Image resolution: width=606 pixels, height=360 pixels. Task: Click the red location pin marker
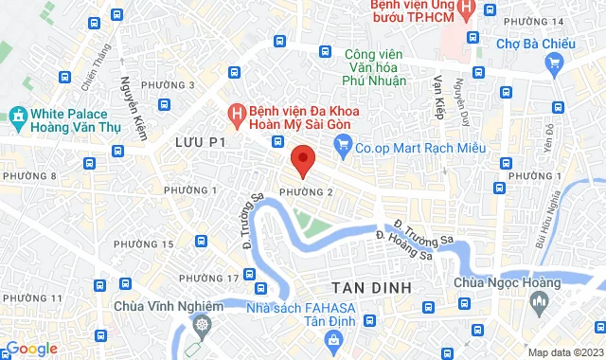[302, 161]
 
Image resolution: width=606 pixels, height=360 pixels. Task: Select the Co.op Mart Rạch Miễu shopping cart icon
[342, 148]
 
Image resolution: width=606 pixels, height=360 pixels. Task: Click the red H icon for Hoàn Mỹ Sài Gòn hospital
[238, 117]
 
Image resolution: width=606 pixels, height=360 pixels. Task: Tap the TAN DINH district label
[370, 286]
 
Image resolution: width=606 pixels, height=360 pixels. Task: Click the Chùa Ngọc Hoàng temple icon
[540, 302]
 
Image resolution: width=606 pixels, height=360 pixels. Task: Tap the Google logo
[30, 349]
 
